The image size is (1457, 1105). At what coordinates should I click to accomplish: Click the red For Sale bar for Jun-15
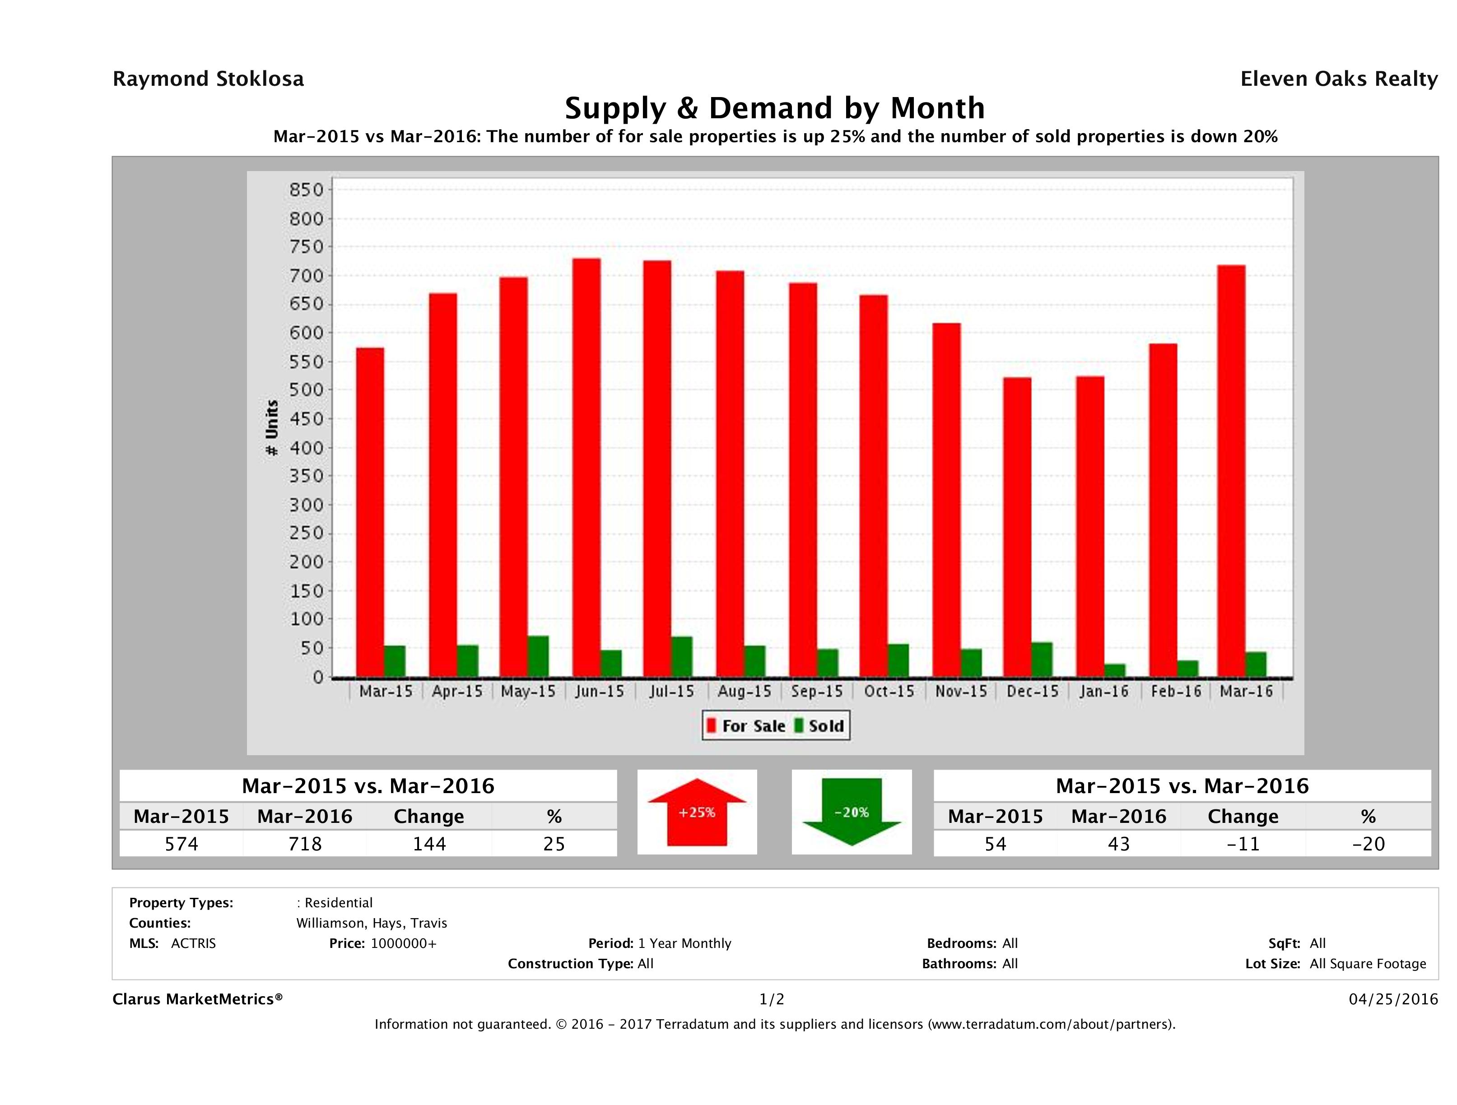pyautogui.click(x=586, y=468)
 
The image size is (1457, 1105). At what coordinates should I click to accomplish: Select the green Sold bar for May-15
pyautogui.click(x=538, y=657)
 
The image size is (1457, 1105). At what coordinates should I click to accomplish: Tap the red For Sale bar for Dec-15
pyautogui.click(x=1017, y=527)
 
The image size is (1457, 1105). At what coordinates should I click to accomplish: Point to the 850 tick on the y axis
pyautogui.click(x=307, y=190)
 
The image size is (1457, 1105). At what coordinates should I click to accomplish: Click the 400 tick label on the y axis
pyautogui.click(x=307, y=448)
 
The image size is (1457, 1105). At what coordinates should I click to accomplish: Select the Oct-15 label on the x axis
pyautogui.click(x=889, y=692)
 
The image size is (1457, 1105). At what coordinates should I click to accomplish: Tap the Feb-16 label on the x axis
pyautogui.click(x=1176, y=692)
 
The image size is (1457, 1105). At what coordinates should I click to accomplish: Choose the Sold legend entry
pyautogui.click(x=819, y=726)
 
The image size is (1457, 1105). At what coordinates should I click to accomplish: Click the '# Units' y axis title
pyautogui.click(x=271, y=428)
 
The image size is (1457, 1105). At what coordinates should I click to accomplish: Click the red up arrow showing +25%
pyautogui.click(x=697, y=812)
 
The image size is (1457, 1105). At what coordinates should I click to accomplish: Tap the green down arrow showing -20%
pyautogui.click(x=852, y=812)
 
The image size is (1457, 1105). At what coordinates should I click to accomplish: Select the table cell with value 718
pyautogui.click(x=305, y=844)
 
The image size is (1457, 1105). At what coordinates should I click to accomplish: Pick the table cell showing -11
pyautogui.click(x=1243, y=844)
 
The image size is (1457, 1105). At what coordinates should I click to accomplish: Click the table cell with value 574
pyautogui.click(x=181, y=844)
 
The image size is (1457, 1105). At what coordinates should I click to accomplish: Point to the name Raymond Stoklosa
pyautogui.click(x=208, y=79)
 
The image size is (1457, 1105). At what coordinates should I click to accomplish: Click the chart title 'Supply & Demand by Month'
pyautogui.click(x=775, y=108)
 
